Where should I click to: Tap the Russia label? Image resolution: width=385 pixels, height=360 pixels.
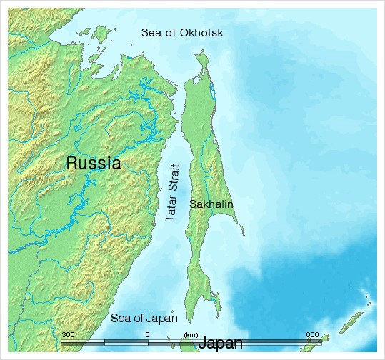coord(93,163)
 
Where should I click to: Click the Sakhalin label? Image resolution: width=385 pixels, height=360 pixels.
coord(211,204)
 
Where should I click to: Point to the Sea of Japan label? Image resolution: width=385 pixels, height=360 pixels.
coord(144,318)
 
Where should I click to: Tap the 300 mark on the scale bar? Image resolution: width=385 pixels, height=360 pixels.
coord(68,334)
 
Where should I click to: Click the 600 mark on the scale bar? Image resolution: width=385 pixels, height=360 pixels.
coord(312,334)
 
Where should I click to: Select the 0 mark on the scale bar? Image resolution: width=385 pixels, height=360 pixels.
coord(147,334)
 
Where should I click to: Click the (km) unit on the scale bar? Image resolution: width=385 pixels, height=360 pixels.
coord(191,334)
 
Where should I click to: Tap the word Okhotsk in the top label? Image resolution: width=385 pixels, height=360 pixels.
coord(203,32)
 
